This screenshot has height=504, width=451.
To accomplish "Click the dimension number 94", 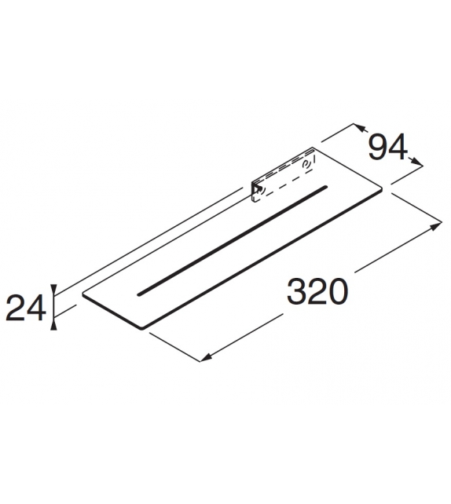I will [x=389, y=147].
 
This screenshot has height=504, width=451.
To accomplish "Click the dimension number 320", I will [x=317, y=292].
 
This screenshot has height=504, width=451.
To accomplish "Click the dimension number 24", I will [x=24, y=307].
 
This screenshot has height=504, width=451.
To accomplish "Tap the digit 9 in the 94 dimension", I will [x=379, y=147].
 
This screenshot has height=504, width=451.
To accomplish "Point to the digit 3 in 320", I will [x=297, y=292].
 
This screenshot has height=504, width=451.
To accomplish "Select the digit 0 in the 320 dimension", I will [x=336, y=292].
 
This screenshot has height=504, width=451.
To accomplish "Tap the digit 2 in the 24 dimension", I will [x=16, y=307].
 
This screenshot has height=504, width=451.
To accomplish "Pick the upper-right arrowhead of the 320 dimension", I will [x=438, y=225].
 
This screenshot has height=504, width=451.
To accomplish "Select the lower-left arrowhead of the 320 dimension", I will [x=203, y=359].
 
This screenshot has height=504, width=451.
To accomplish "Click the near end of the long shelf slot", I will [x=141, y=294].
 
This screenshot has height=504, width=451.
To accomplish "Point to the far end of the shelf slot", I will [x=323, y=188].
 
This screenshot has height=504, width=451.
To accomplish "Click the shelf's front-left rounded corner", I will [x=86, y=297].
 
